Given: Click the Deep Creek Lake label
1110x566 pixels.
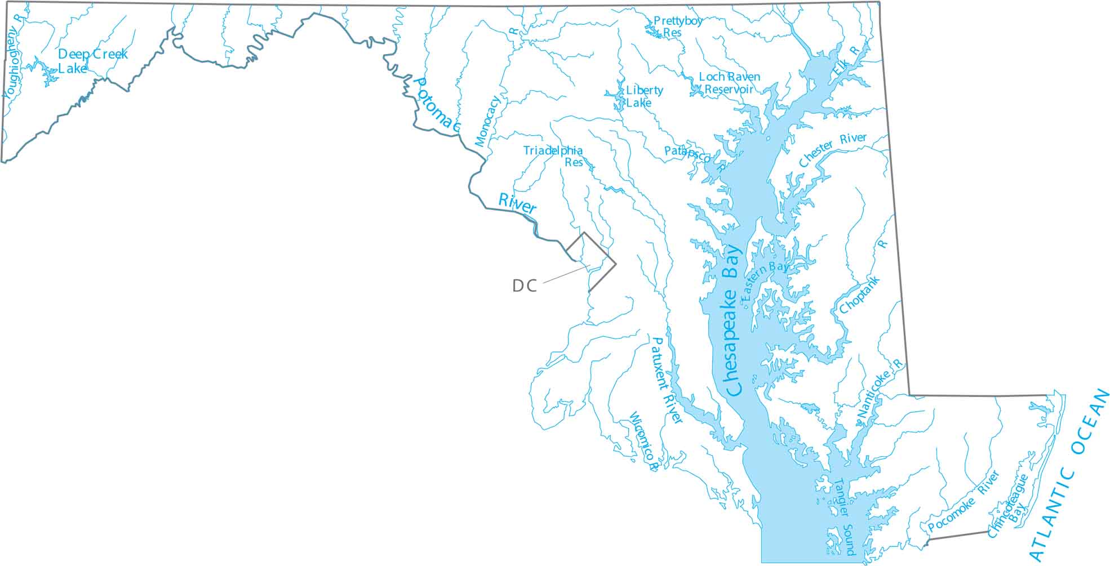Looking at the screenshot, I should coord(93,61).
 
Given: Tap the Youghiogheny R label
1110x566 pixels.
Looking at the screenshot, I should coord(13,56).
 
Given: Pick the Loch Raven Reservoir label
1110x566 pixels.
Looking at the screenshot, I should coord(729,83).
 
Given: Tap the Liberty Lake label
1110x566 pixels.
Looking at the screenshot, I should coord(644,96).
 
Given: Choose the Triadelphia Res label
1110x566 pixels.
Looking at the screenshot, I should coord(553,156).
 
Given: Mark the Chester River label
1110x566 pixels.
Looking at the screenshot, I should coord(833,149).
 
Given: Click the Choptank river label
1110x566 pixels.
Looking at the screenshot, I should coord(860,295).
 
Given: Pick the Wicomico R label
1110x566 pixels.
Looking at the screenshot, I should coord(643,442).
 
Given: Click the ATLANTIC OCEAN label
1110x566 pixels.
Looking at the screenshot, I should coord(1069,474).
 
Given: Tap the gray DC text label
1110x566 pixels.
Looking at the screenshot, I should coord(524,286).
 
